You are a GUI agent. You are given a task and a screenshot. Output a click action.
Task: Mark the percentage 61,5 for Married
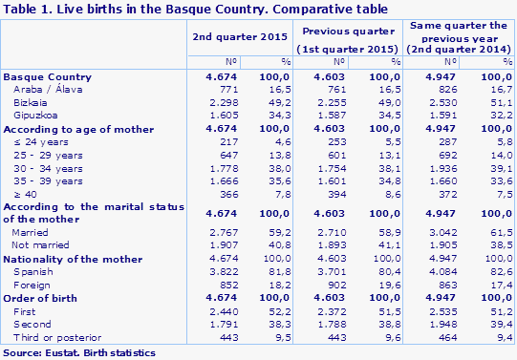(x=497, y=232)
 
